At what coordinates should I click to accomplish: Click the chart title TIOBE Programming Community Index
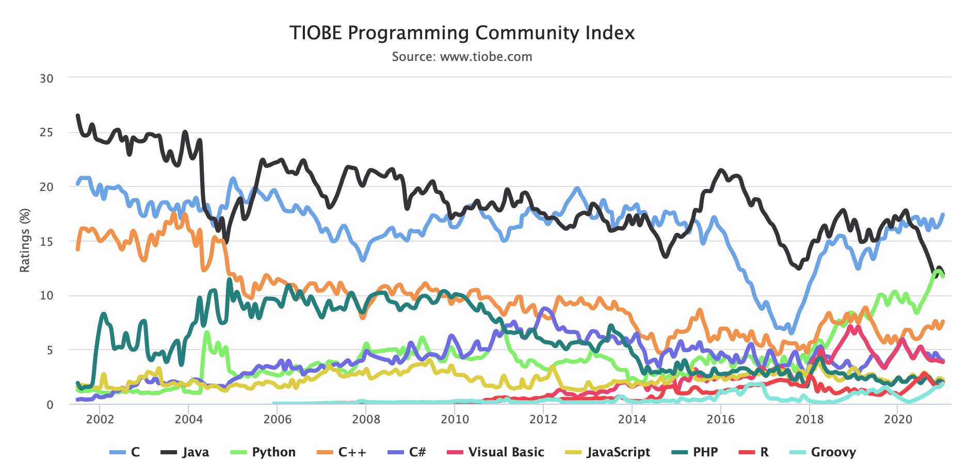462,33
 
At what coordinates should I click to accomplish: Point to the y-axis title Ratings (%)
25,240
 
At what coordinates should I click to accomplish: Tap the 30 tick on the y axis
46,78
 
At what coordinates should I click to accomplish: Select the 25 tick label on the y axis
46,133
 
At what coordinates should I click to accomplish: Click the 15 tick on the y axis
46,242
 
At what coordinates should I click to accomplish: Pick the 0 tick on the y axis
50,405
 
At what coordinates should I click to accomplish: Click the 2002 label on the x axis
100,419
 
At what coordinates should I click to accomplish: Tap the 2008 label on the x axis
366,419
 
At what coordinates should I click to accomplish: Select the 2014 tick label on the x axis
632,419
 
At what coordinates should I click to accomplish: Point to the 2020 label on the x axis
898,419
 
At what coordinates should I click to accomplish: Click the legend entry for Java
185,452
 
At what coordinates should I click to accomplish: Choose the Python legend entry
263,452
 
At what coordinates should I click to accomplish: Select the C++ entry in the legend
342,452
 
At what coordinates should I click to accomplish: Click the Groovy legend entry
823,452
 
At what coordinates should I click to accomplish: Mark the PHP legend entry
694,452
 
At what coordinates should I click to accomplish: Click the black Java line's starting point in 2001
77,116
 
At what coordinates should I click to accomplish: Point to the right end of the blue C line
943,214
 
